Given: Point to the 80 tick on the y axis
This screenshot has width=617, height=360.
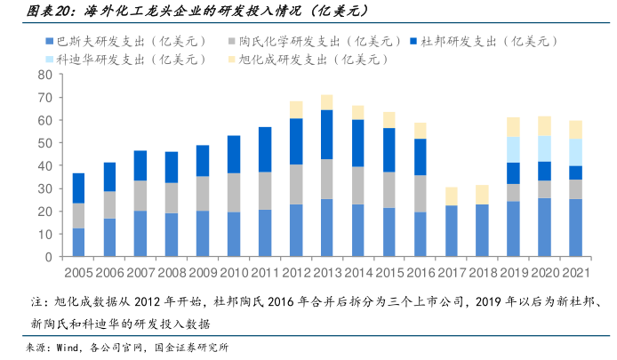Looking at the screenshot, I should tap(44, 74).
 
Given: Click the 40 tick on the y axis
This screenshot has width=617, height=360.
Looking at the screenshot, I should tap(44, 165).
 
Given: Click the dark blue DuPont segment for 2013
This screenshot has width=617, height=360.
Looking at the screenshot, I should tap(326, 134).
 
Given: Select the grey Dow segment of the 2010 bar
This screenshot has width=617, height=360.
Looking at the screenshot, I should tap(234, 192).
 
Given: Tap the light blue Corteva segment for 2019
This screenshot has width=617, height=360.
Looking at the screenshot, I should tap(513, 149).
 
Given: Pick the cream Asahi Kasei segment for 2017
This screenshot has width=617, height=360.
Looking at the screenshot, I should tap(451, 196).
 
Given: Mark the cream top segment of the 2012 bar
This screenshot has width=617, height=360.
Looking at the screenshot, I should tap(295, 109).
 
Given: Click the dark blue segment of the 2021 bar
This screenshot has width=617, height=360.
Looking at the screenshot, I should tap(575, 172).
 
